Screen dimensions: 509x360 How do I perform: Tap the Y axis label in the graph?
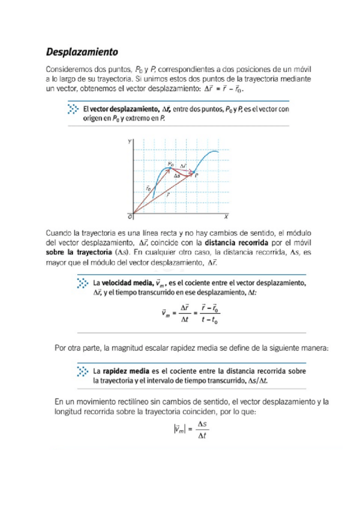tap(128, 142)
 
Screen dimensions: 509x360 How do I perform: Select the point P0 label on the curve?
tap(171, 163)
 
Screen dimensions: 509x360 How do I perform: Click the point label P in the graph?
tap(196, 175)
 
